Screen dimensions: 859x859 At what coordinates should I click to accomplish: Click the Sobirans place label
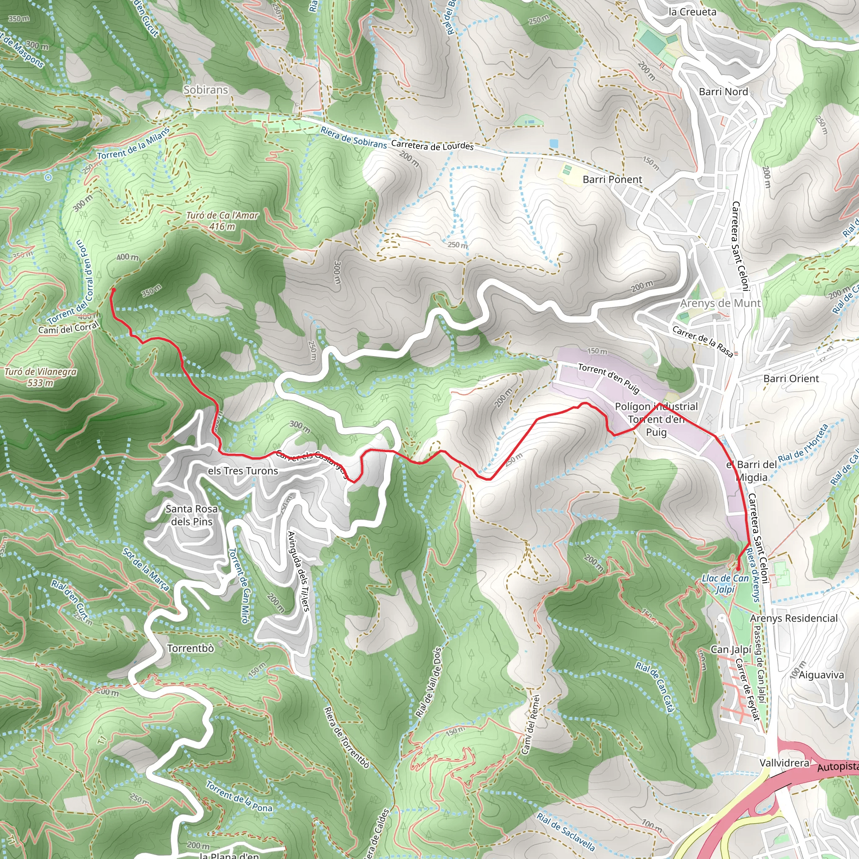[206, 90]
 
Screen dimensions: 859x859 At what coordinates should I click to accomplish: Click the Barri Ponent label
[612, 180]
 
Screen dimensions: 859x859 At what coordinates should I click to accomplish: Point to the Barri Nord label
[724, 91]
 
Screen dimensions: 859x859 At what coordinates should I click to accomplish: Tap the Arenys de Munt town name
[720, 303]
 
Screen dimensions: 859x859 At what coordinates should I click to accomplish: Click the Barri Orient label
[791, 379]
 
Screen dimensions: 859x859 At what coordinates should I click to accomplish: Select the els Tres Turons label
[243, 471]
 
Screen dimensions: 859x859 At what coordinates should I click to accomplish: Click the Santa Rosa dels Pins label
[192, 515]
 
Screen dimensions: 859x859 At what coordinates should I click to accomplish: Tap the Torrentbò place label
[190, 648]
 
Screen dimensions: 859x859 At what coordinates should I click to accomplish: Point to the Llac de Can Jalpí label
[725, 583]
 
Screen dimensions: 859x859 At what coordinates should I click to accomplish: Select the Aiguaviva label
[821, 675]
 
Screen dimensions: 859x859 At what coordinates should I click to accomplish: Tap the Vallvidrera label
[784, 763]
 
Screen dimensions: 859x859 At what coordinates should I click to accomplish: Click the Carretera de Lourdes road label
[432, 146]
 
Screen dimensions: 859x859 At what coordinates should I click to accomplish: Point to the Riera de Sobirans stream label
[354, 138]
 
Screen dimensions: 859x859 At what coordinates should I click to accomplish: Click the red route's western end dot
[113, 290]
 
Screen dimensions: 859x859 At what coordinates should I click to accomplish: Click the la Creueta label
[692, 12]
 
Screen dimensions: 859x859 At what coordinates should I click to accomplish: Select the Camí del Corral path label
[68, 328]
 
